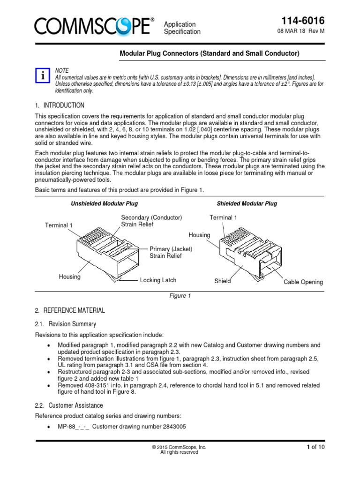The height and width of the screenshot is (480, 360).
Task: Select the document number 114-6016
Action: coord(302,21)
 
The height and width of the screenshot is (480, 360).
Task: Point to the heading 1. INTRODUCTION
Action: coord(60,105)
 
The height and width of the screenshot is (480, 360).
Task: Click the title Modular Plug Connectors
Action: coord(210,53)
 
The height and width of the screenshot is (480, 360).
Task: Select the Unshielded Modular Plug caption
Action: coord(104,204)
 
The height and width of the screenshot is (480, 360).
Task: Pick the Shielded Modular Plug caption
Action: coord(247,204)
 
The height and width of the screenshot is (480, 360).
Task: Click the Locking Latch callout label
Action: coord(158,280)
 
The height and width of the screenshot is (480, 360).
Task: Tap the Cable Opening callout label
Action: coord(303,282)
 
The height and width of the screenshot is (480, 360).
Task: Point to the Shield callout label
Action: coord(222,281)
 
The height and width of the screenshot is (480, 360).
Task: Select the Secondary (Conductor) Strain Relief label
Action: coord(151,221)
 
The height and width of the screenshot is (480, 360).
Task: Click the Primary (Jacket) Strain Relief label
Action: coord(171,252)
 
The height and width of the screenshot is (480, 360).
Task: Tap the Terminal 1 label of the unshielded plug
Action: coord(59,225)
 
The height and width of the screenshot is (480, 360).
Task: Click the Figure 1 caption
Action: coord(180,296)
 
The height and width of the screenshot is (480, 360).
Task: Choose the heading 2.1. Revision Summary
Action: coord(66,324)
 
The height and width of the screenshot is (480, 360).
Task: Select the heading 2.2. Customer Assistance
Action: coord(69,405)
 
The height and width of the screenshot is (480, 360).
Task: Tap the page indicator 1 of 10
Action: coord(315,447)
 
